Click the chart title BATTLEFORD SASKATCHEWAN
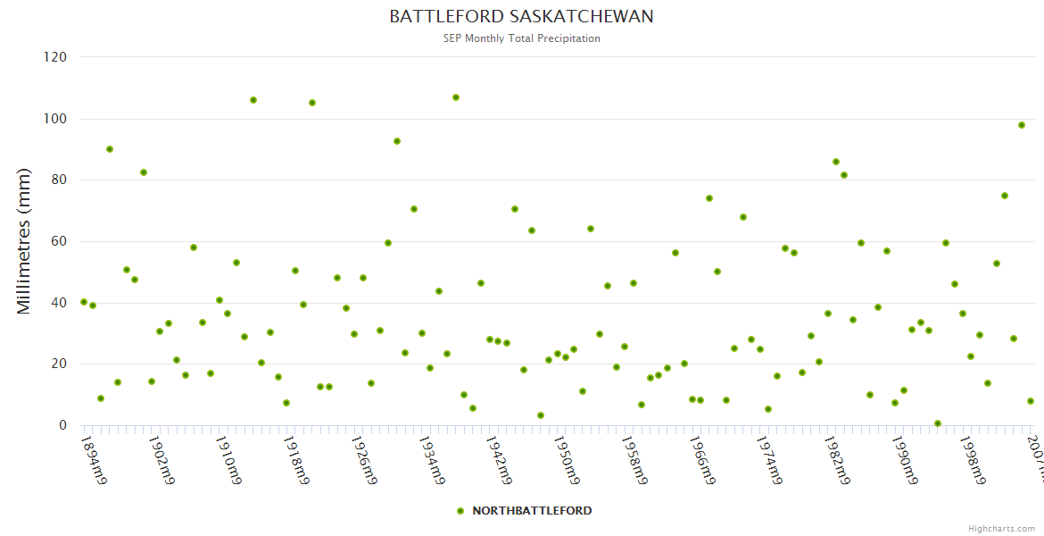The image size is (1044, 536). point(521,17)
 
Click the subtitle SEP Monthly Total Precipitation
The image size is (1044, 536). point(521,38)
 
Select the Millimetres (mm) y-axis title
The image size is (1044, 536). point(24,241)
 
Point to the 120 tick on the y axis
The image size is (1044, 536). point(55,57)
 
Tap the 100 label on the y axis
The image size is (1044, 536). point(55,119)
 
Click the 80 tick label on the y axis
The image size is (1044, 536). point(59,180)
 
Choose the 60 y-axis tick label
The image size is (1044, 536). point(59,241)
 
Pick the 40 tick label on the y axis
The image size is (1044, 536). point(59,303)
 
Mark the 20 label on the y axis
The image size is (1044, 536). point(59,364)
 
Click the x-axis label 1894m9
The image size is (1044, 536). point(94,459)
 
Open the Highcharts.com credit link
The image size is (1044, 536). point(1001,528)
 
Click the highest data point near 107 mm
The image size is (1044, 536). point(456,97)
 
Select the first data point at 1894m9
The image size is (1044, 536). point(84,302)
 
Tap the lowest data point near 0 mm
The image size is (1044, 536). point(938,423)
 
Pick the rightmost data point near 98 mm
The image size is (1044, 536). point(1022,125)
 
